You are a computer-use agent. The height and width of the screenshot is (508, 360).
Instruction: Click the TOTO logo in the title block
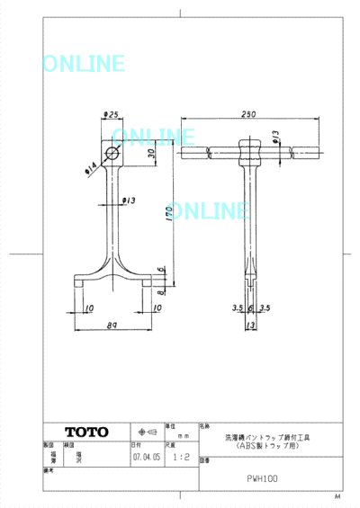click(86, 432)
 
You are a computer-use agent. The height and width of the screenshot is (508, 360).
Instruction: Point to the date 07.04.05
click(146, 457)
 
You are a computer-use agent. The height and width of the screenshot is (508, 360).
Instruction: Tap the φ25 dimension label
click(112, 115)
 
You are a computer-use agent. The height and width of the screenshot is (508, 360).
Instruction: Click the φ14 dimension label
click(92, 165)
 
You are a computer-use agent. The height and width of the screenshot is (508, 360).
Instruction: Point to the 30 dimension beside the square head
click(150, 154)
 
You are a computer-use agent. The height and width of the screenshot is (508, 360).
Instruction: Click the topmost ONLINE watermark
click(83, 64)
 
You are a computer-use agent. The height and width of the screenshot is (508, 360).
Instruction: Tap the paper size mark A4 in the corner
click(337, 496)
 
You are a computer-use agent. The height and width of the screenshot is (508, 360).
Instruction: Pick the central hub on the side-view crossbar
click(250, 148)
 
